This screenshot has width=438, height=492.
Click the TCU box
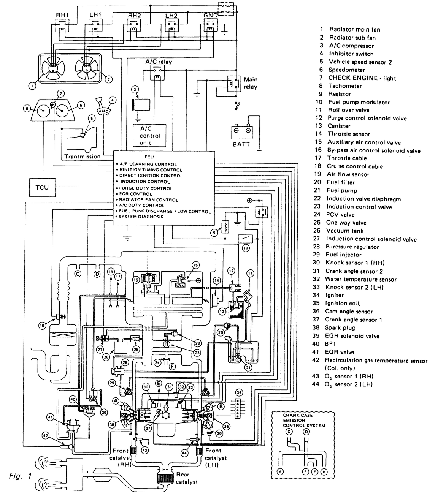(42, 188)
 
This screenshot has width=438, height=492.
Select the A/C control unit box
(150, 136)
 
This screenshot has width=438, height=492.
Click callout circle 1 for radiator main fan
(33, 86)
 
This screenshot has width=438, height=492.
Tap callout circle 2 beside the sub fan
(108, 79)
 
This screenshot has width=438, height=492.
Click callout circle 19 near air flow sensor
(42, 325)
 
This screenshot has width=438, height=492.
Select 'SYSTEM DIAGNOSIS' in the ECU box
(141, 217)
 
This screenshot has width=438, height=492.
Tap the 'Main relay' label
(251, 83)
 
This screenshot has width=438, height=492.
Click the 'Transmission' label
(82, 157)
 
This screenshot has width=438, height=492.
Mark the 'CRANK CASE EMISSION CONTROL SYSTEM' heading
(304, 420)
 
